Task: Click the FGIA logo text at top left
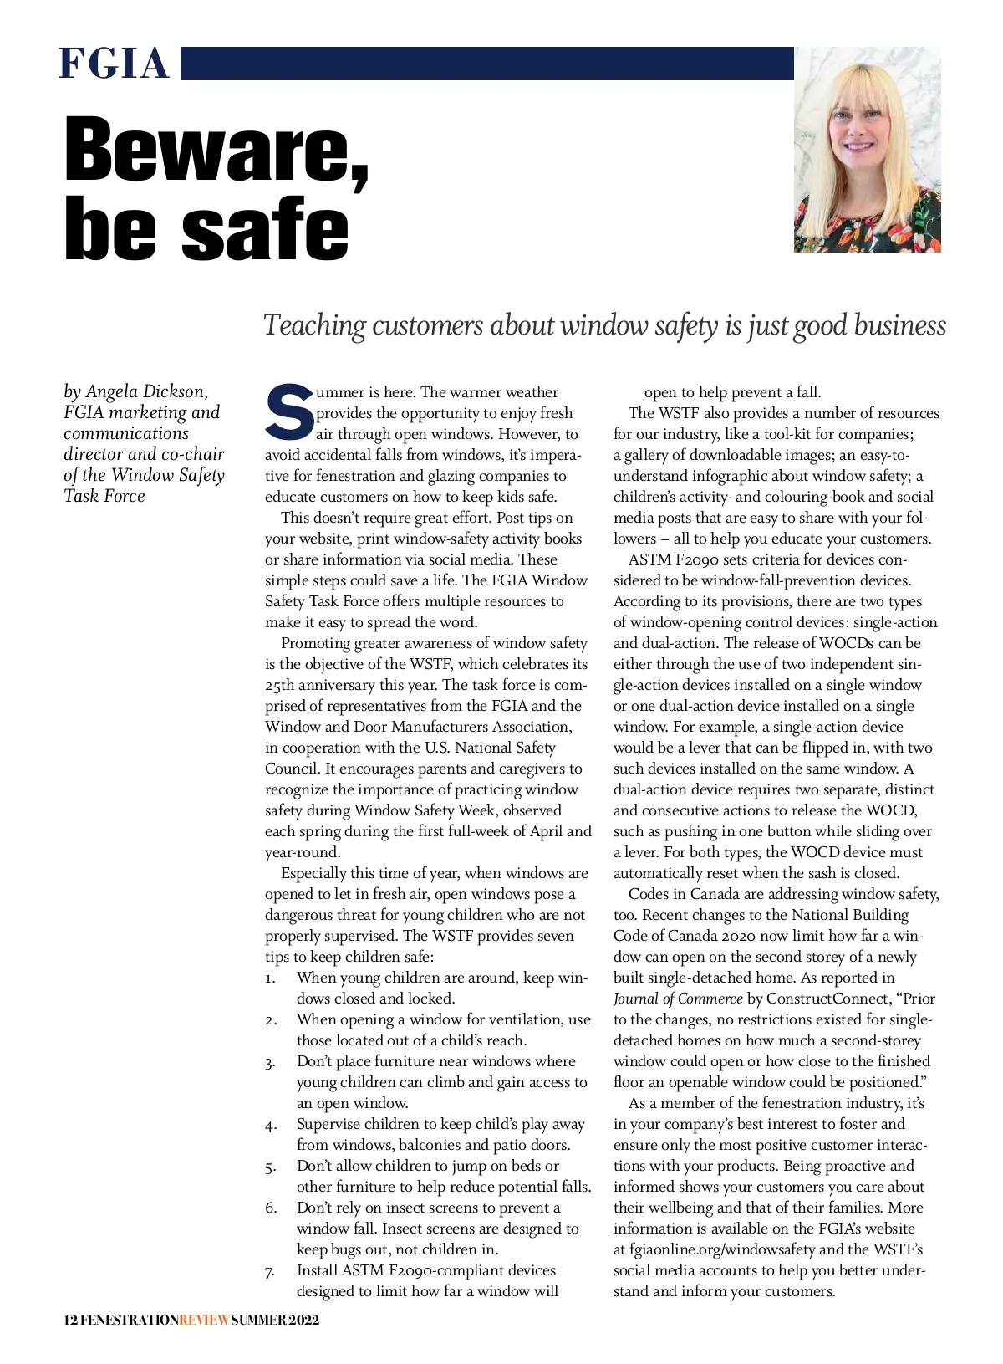114,64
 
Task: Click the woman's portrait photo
867,150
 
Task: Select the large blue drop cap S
289,411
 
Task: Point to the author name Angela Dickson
146,391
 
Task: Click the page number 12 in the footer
70,1321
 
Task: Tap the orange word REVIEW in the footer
204,1321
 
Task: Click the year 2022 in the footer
303,1321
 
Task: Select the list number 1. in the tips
271,978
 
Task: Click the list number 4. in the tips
271,1126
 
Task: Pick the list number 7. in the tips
270,1272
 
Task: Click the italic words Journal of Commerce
678,999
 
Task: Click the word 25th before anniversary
285,685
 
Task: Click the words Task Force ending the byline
104,496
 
